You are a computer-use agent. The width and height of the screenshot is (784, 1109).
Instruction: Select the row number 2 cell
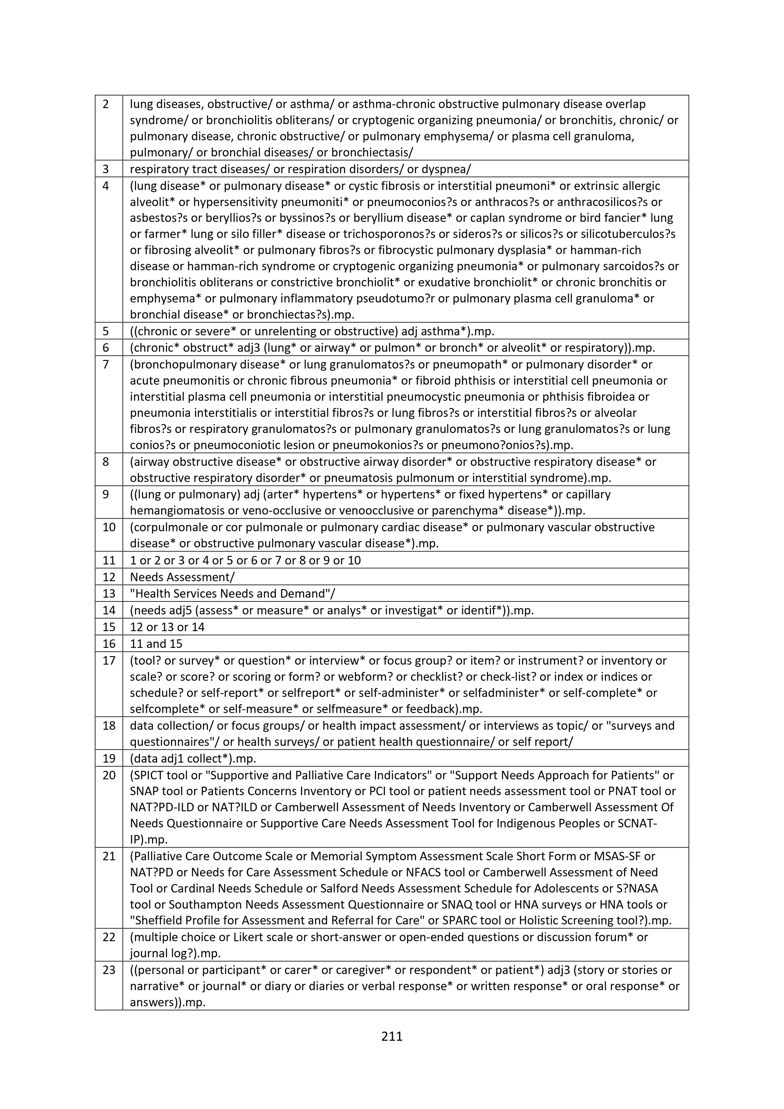(106, 104)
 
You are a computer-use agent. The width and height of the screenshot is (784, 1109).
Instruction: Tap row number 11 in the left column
(109, 560)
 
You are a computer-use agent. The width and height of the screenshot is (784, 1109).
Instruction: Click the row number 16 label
(109, 644)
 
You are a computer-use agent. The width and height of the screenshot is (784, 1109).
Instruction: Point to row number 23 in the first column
(109, 970)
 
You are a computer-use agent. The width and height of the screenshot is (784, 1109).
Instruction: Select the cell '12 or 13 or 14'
(167, 627)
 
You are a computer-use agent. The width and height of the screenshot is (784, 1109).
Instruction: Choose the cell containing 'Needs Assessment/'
(182, 577)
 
